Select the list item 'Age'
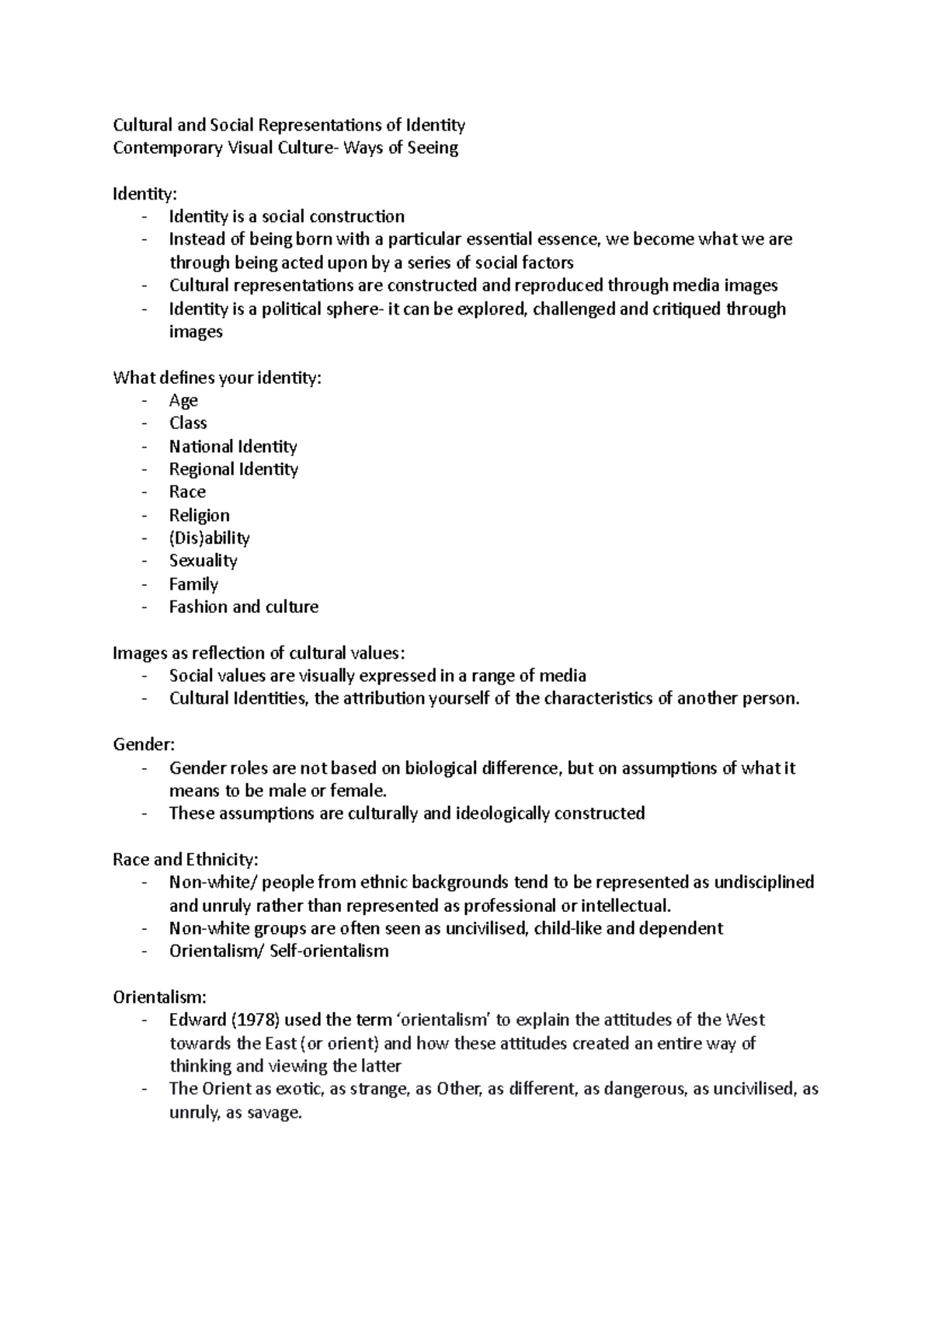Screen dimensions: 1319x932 click(x=183, y=401)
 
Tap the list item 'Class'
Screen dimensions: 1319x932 click(x=188, y=423)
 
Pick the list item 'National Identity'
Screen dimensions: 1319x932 click(x=233, y=447)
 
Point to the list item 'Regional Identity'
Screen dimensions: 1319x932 click(x=233, y=469)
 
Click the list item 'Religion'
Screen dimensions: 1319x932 click(x=199, y=516)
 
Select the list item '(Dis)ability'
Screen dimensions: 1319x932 click(x=209, y=538)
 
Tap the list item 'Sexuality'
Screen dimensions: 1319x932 click(x=203, y=561)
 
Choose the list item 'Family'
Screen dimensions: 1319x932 click(x=193, y=584)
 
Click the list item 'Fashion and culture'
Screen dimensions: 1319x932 click(x=243, y=607)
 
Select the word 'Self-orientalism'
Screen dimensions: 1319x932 click(x=329, y=952)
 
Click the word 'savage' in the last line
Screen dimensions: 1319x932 click(x=273, y=1113)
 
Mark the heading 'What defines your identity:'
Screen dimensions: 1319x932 click(x=217, y=378)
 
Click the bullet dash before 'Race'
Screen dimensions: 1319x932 click(x=144, y=492)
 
